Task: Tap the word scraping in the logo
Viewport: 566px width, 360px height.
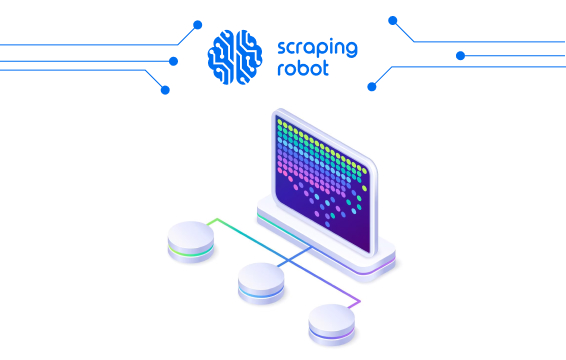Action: [x=315, y=47]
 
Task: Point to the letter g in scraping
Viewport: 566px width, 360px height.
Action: [x=351, y=49]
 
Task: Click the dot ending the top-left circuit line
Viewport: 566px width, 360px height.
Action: [x=197, y=24]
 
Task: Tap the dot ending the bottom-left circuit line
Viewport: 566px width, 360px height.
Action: [x=165, y=89]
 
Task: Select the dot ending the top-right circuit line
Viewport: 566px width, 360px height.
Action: [x=393, y=20]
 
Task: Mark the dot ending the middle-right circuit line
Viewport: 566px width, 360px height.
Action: [x=461, y=55]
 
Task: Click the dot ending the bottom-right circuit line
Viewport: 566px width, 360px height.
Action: [x=372, y=86]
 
